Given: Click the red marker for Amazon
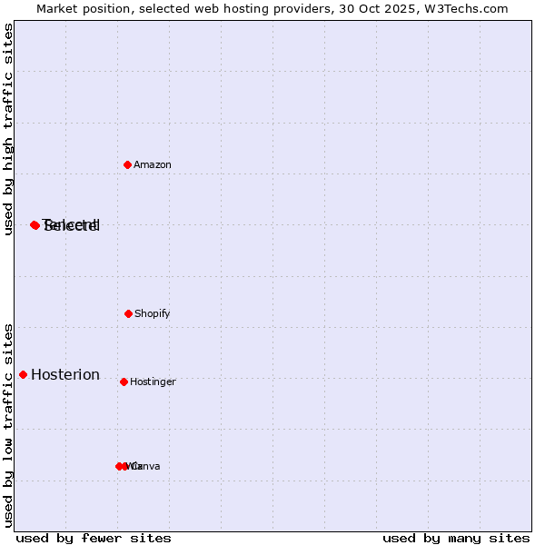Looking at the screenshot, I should (128, 164).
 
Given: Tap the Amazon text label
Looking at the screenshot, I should (153, 165).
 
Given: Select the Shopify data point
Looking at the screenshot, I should (128, 313).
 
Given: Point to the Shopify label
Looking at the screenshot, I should (153, 314).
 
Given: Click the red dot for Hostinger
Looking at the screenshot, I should (124, 381).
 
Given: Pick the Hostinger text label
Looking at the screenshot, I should (153, 382).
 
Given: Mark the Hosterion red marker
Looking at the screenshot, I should (23, 374).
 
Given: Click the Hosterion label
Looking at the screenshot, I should (65, 375).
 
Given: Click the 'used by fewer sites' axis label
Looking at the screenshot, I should (94, 539).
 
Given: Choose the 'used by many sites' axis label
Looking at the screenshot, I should (456, 539).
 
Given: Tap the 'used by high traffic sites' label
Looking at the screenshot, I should (9, 129).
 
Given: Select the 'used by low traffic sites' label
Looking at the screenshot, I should (9, 425).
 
